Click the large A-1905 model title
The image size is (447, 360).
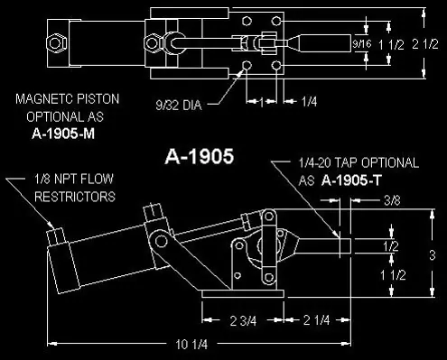[200, 156]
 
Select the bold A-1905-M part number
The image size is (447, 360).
[63, 134]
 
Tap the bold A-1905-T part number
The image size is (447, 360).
[351, 180]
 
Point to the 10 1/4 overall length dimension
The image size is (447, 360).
[191, 345]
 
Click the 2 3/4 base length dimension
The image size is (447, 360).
[243, 321]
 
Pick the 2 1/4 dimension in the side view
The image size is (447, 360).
[316, 320]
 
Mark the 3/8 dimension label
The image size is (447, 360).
[392, 200]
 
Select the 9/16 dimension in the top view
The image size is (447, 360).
[362, 44]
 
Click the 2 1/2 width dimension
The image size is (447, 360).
[425, 44]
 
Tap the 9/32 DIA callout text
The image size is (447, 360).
[179, 106]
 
